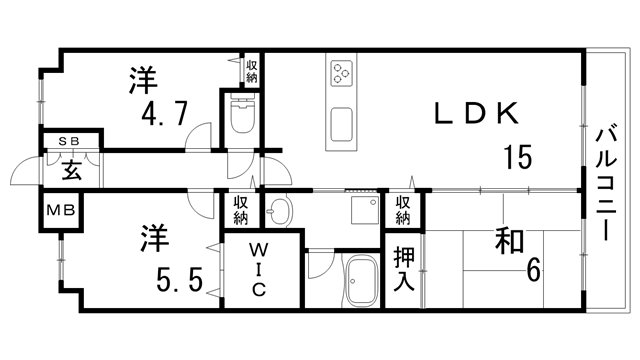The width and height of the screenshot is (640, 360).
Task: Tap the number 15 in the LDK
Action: pos(517,157)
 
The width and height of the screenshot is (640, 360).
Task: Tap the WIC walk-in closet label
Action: pos(257,268)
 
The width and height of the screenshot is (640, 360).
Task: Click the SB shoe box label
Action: pos(70,142)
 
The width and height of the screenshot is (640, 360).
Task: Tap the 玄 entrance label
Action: pos(72,169)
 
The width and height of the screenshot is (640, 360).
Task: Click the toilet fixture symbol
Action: pos(241,117)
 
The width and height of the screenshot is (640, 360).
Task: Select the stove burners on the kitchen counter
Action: pos(342,72)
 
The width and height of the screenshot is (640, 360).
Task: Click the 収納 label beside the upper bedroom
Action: pos(251,70)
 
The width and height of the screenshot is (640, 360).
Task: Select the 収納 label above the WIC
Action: pos(241,210)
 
